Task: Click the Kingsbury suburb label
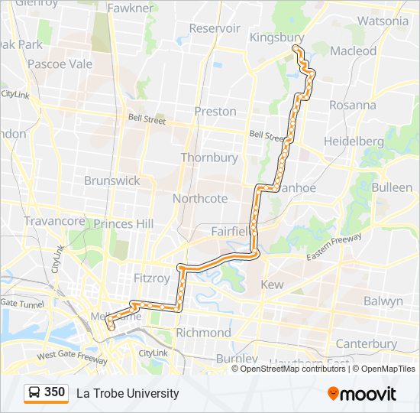point(277,37)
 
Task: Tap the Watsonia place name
point(383,21)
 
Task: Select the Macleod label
point(353,50)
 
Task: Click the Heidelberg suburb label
point(354,141)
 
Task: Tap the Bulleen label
point(392,187)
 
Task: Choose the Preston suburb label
point(215,111)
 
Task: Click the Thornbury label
point(209,158)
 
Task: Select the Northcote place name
point(200,198)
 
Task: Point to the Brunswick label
point(112,180)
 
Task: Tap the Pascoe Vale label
point(60,63)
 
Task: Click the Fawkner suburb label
point(131,8)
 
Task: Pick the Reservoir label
point(215,28)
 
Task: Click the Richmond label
point(203,333)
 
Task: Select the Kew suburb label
point(273,285)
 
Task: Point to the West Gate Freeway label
point(72,356)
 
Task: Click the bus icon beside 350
point(34,393)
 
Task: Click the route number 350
point(54,392)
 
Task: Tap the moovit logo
point(362,393)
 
